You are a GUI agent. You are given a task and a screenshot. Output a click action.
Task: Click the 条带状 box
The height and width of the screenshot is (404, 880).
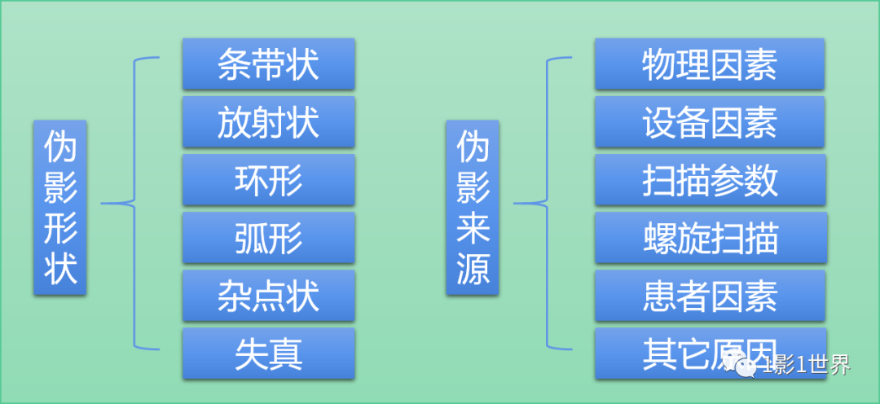click(268, 64)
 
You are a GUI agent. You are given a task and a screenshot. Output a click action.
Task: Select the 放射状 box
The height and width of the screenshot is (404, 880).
click(268, 122)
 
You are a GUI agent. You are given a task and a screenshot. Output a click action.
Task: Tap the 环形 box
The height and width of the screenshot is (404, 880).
click(268, 180)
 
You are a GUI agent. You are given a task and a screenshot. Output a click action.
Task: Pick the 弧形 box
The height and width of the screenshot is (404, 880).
click(268, 238)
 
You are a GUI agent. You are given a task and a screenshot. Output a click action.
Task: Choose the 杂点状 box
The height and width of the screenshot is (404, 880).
click(268, 296)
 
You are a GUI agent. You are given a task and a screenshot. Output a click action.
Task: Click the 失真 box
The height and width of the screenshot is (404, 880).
click(268, 353)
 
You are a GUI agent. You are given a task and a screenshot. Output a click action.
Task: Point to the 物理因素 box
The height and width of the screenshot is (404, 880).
click(709, 64)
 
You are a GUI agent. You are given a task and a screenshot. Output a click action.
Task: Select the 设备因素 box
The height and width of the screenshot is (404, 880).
click(709, 122)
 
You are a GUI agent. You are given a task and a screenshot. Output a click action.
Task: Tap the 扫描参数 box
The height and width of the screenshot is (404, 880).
click(709, 180)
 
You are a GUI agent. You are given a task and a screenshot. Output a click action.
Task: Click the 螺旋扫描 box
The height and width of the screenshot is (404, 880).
click(709, 238)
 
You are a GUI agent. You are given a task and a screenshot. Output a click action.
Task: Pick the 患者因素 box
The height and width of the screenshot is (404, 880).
click(709, 296)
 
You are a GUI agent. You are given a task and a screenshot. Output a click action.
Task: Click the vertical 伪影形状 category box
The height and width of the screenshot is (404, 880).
click(60, 208)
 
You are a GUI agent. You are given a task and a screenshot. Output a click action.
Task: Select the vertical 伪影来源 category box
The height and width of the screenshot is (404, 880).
click(473, 208)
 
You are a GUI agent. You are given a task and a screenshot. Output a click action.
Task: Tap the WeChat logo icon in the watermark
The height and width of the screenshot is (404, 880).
click(745, 366)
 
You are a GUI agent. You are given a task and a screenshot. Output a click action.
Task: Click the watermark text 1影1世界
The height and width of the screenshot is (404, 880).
click(806, 366)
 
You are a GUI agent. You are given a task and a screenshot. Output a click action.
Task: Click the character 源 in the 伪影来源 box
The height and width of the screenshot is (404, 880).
click(473, 270)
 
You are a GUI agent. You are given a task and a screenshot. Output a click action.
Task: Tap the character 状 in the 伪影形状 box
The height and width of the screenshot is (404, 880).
click(60, 270)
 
